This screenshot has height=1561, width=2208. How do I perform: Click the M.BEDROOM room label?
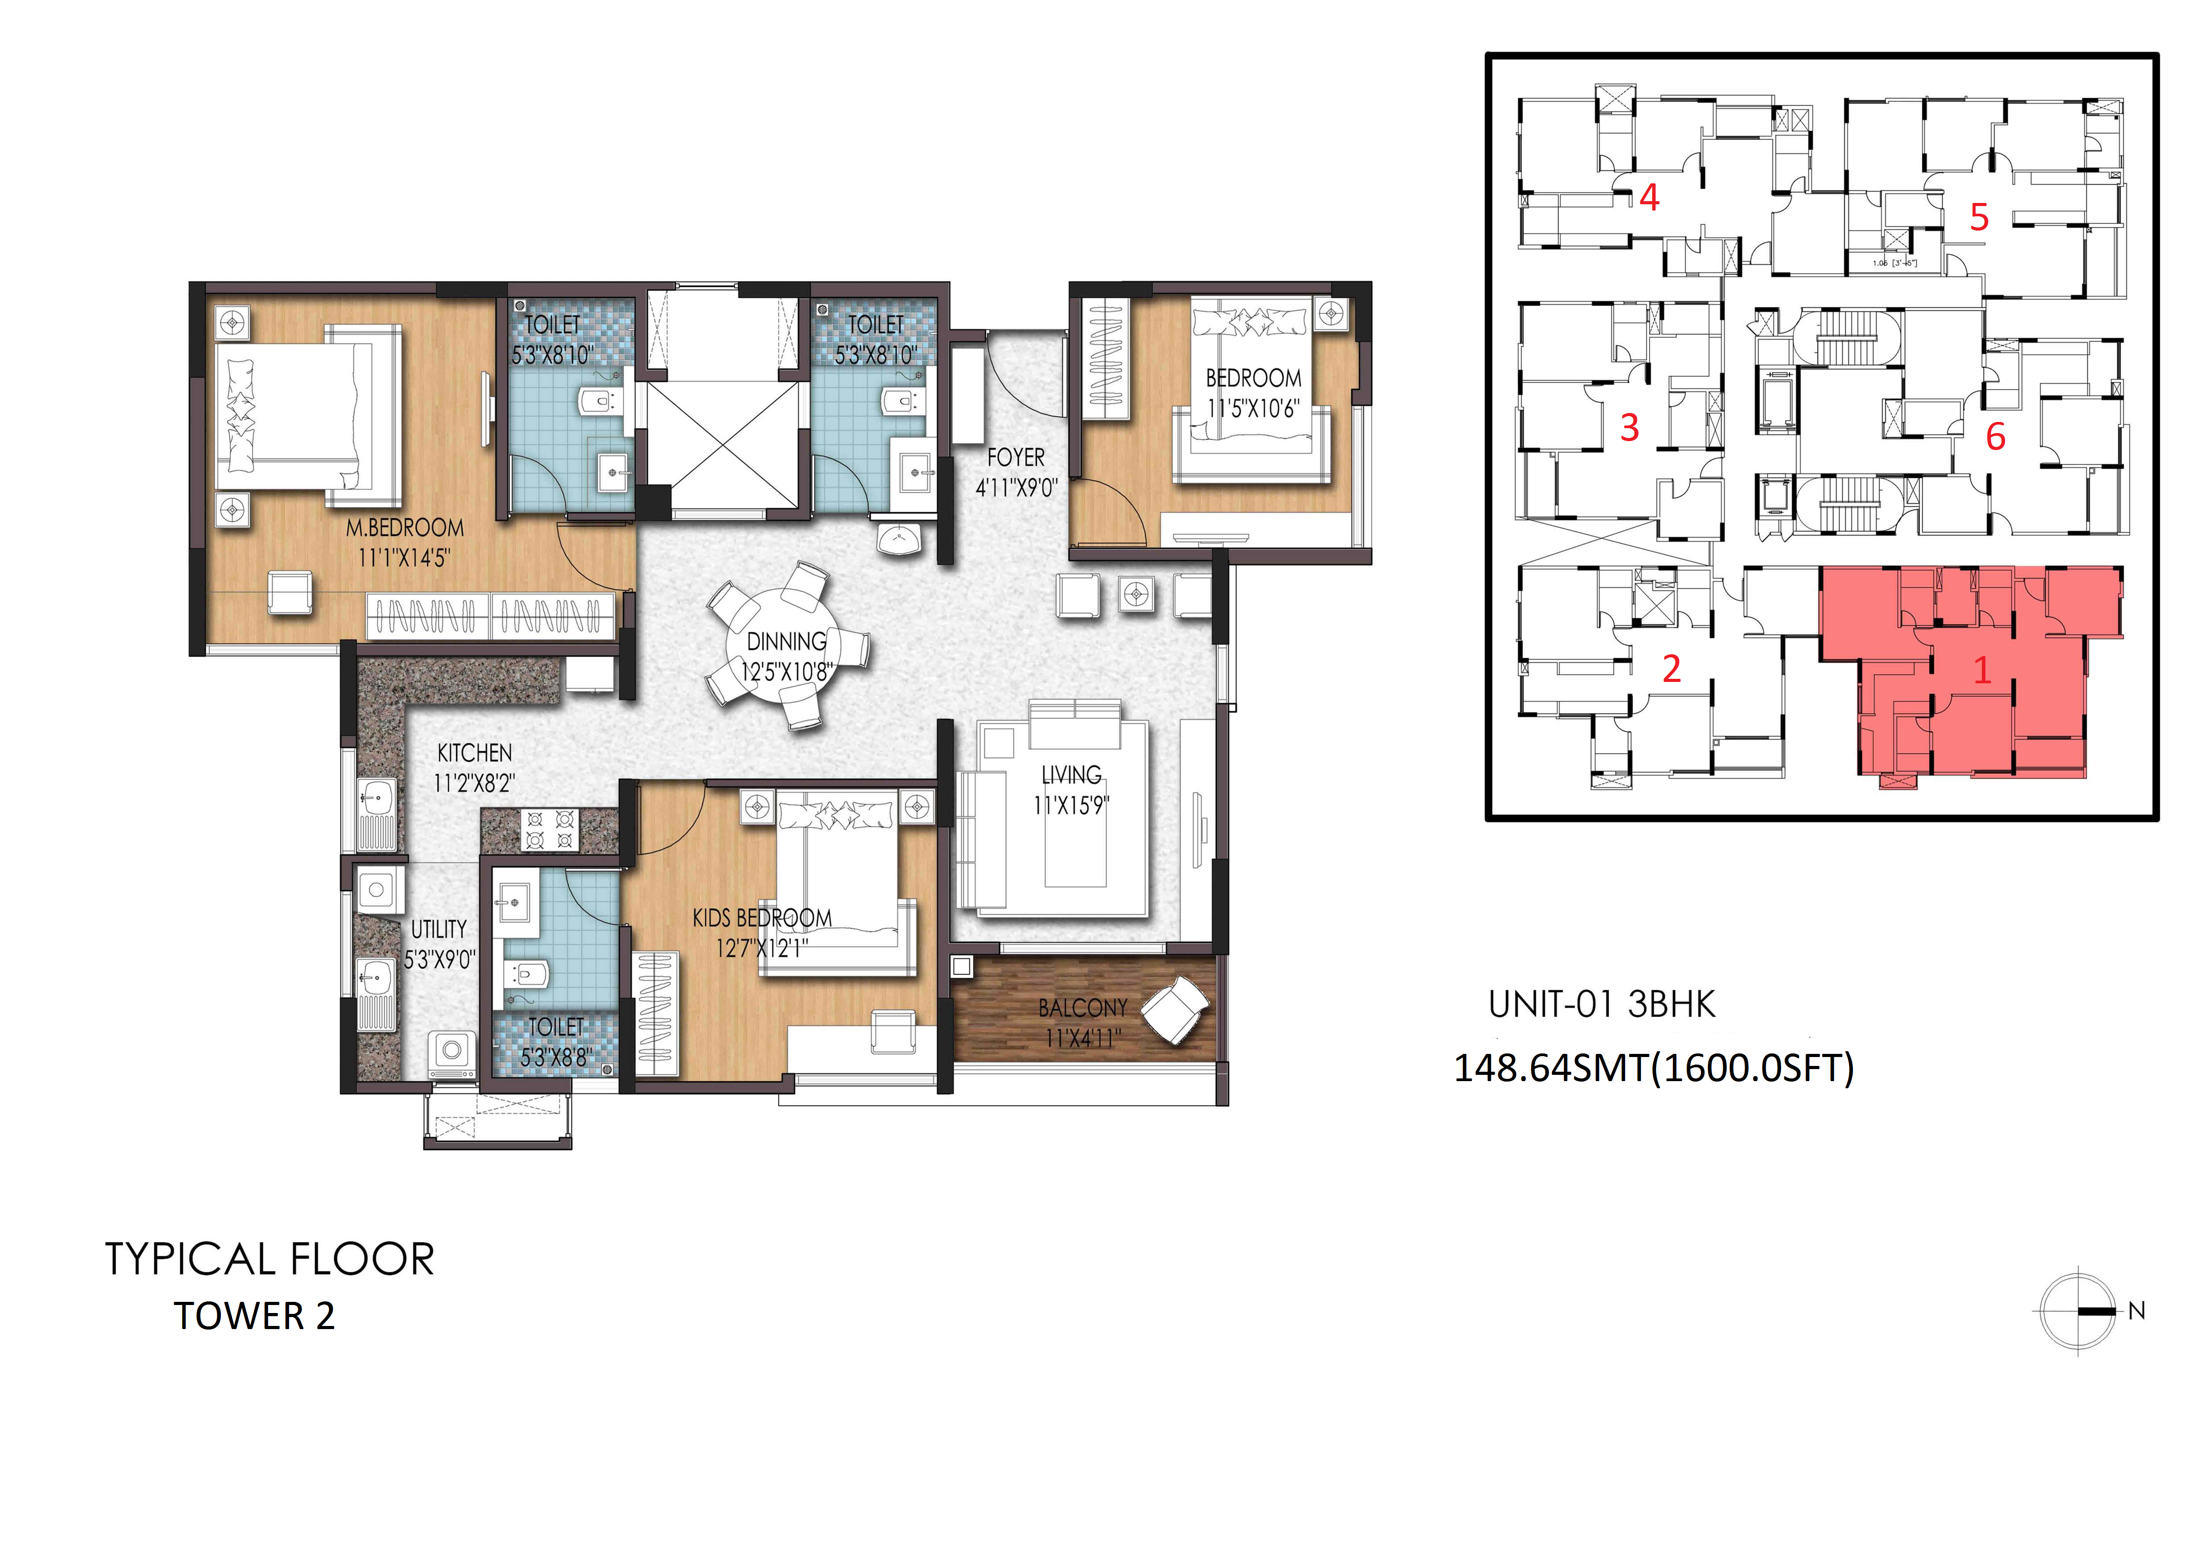point(405,528)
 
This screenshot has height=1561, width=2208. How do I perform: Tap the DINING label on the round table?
point(787,641)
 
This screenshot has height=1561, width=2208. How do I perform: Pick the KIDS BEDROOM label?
point(762,918)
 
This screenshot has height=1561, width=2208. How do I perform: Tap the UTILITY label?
point(438,930)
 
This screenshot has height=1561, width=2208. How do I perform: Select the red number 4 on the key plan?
point(1649,198)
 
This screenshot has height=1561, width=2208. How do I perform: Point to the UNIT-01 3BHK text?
point(1602,1005)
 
